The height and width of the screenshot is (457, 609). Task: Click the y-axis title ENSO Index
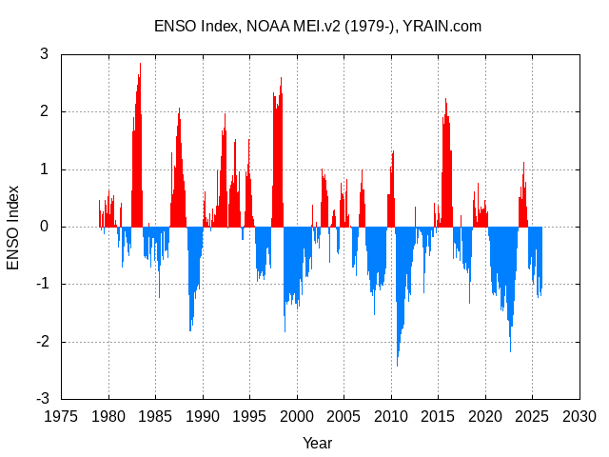click(x=13, y=227)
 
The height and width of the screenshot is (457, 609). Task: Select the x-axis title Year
click(x=318, y=443)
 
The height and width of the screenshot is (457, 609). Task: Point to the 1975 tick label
click(x=62, y=416)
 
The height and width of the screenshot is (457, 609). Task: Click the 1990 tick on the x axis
click(x=203, y=416)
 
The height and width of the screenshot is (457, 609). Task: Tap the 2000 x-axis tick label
click(x=297, y=416)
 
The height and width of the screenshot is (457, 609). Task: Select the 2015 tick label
click(x=439, y=416)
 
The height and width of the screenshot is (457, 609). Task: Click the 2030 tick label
click(x=580, y=416)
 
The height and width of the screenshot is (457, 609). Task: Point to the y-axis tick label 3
click(x=44, y=54)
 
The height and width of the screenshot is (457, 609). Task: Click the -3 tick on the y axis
click(x=41, y=399)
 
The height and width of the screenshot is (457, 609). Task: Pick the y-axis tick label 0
click(x=44, y=227)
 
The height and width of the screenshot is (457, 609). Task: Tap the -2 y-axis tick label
click(x=41, y=342)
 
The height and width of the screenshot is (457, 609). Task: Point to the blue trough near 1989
click(x=190, y=328)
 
